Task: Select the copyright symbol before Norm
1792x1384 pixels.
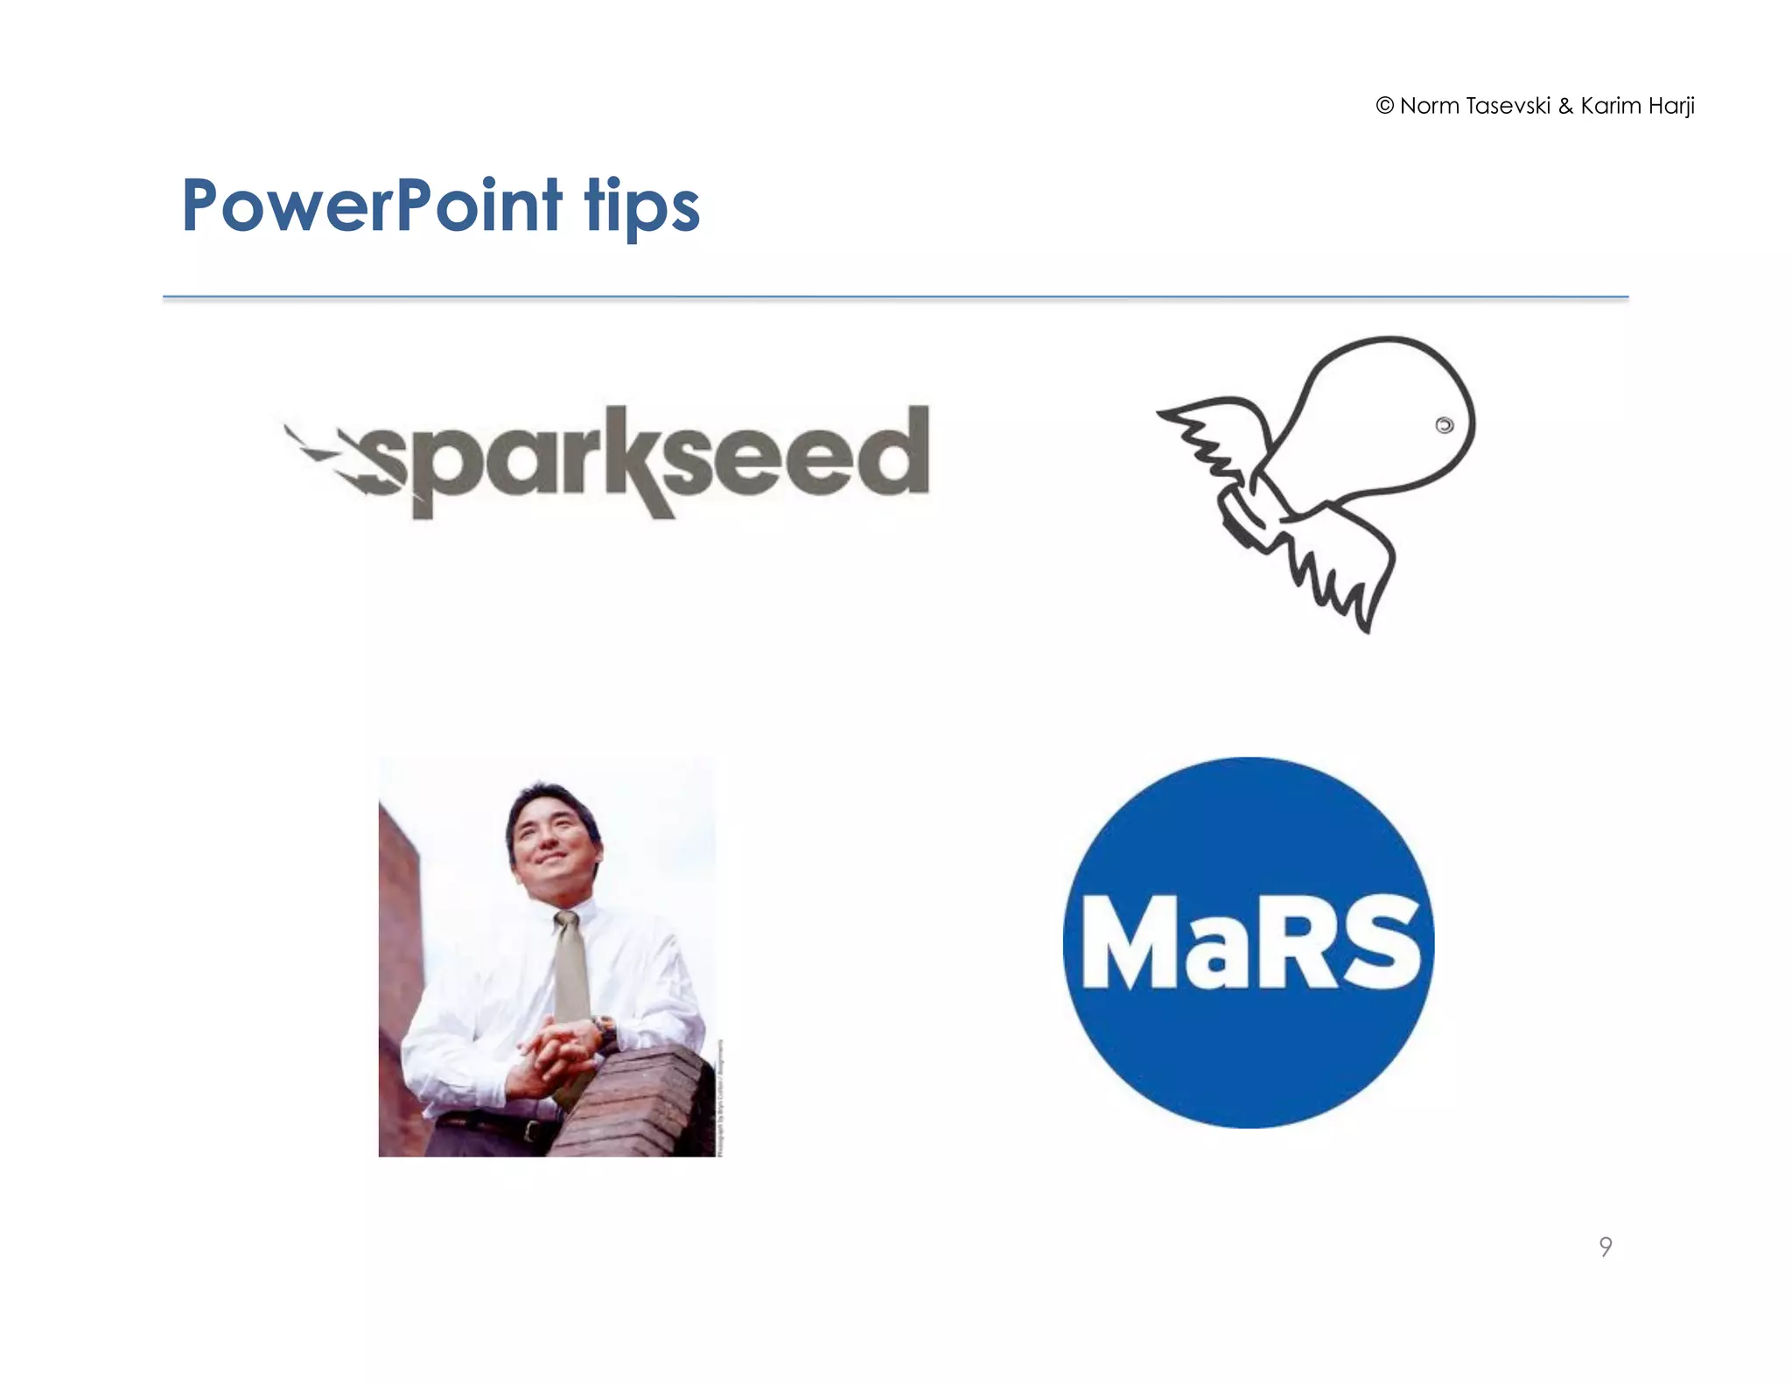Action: click(x=1384, y=106)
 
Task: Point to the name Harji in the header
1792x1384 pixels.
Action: click(x=1671, y=107)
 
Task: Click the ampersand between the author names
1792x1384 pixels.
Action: click(x=1565, y=107)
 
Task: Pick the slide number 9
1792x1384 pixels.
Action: click(x=1605, y=1246)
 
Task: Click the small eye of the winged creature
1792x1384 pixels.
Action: click(x=1444, y=425)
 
